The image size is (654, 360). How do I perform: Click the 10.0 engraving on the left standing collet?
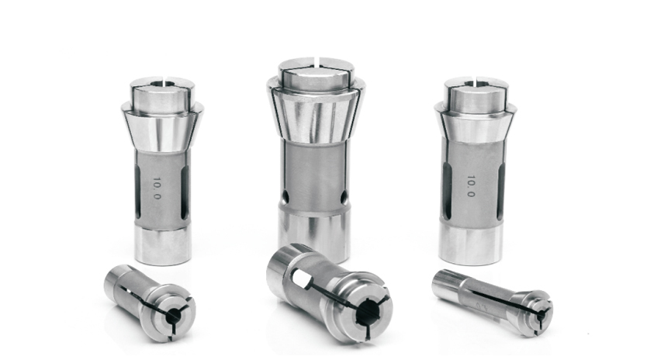point(157,188)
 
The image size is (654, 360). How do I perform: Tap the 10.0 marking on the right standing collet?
point(471,186)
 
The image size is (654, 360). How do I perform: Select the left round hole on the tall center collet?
point(285,197)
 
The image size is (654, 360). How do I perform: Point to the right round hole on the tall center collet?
point(344,198)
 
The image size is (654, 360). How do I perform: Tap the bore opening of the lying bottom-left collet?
point(173,317)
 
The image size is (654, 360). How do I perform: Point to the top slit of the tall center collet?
point(318,61)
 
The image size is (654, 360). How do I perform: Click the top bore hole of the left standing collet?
point(159,84)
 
